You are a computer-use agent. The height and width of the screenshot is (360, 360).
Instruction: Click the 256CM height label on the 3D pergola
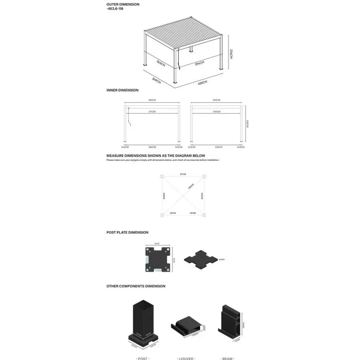pos(231,53)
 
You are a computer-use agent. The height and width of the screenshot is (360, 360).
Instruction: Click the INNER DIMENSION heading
pos(122,90)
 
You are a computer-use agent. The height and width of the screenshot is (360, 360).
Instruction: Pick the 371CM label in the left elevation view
pos(152,111)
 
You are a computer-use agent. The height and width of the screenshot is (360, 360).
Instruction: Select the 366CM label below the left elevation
pos(152,147)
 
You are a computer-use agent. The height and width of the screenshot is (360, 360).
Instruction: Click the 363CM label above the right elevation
pos(216,100)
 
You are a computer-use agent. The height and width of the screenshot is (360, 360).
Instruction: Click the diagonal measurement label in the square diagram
pos(190,187)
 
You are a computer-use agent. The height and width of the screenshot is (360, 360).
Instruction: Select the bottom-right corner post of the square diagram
pos(204,216)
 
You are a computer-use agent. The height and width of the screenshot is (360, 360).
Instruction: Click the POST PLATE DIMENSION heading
pos(127,233)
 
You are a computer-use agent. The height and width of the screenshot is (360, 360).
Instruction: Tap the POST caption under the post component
pos(143,358)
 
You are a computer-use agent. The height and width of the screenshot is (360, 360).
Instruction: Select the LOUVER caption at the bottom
pos(186,358)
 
